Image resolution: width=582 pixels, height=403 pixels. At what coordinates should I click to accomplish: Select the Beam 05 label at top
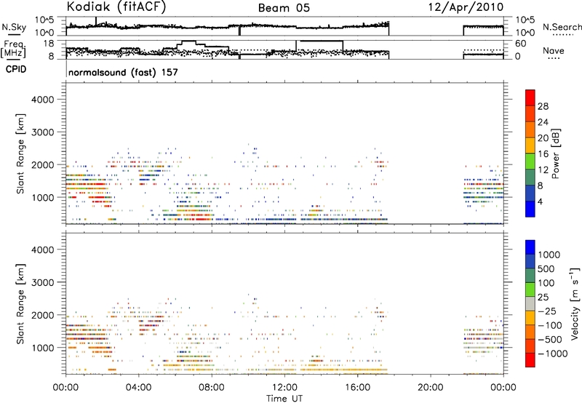click(x=284, y=8)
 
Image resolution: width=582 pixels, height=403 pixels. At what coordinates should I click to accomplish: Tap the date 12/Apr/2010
click(x=466, y=7)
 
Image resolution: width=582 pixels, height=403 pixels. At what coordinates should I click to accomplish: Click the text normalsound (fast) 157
click(x=123, y=72)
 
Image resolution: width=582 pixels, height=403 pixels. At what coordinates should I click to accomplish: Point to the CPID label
click(x=16, y=69)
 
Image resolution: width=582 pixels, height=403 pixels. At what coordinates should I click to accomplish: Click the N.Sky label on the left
click(x=14, y=27)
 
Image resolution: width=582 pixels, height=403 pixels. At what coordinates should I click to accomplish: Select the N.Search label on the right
click(x=562, y=27)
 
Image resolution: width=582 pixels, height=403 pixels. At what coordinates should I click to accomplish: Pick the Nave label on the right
click(x=554, y=50)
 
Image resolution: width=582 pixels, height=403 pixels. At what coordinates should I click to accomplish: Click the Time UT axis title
click(x=284, y=399)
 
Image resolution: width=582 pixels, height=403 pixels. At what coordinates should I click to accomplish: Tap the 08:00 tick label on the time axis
click(x=212, y=388)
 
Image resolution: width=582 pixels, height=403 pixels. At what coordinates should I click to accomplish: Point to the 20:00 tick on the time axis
click(x=430, y=388)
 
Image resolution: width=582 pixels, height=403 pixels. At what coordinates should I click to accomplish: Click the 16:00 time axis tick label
click(x=357, y=388)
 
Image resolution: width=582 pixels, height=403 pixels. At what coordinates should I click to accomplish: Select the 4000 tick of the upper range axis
click(x=43, y=100)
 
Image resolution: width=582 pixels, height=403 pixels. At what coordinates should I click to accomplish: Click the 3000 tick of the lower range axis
click(x=43, y=282)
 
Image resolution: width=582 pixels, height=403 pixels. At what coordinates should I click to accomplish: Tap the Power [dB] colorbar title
click(x=556, y=153)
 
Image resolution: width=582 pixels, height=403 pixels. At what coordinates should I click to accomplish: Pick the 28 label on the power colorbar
click(x=543, y=106)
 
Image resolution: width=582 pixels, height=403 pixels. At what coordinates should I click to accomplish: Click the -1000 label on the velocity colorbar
click(x=553, y=354)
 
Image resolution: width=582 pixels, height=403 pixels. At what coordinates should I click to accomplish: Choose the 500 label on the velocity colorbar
click(x=546, y=269)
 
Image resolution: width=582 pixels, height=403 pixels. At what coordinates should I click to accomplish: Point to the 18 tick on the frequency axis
click(x=49, y=44)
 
